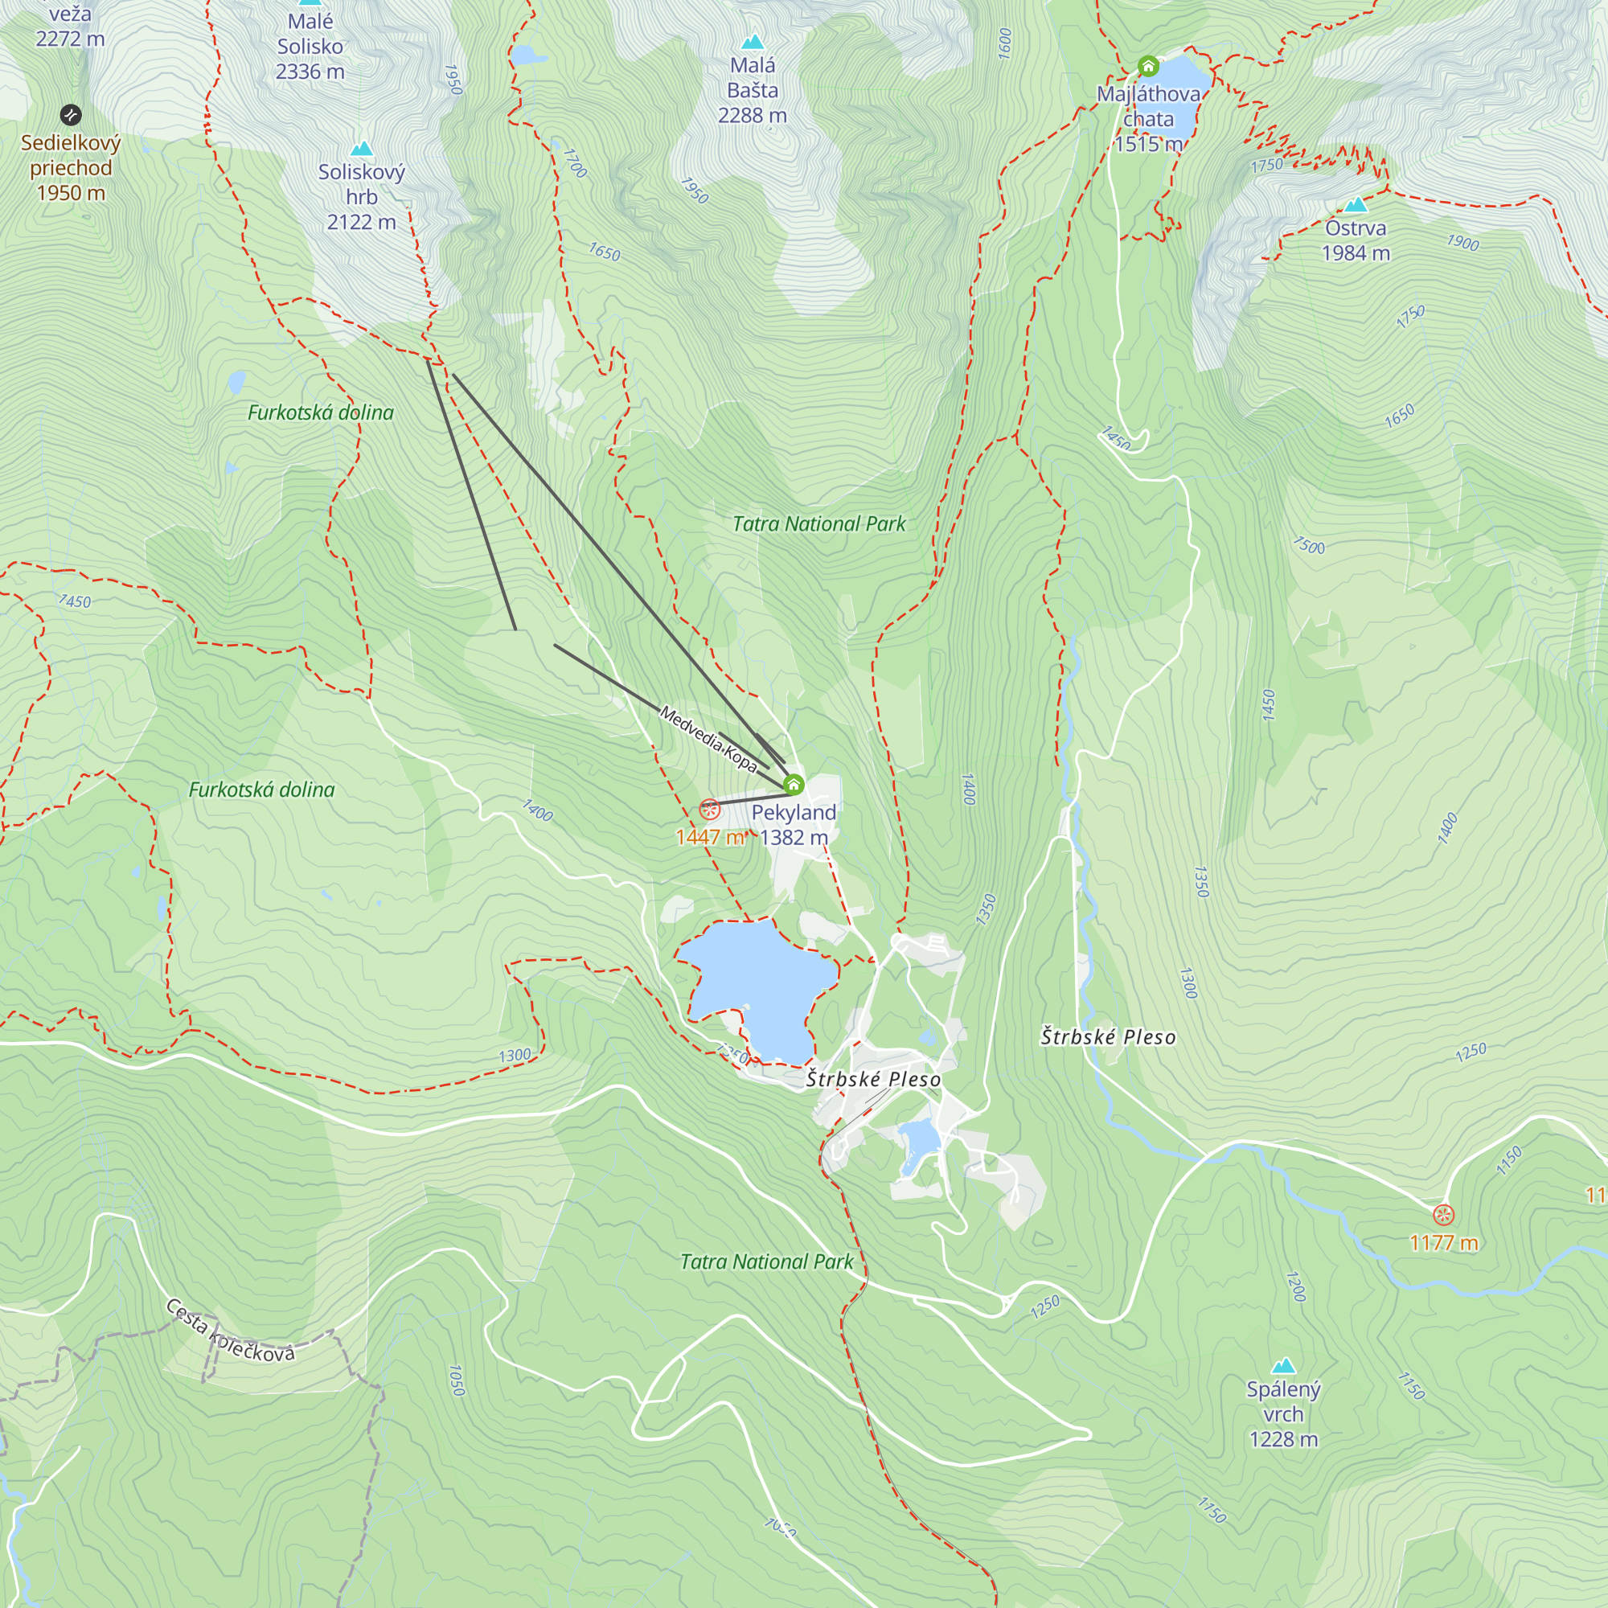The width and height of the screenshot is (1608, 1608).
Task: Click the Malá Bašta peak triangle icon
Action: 753,41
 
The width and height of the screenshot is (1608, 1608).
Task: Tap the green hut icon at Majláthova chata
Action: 1148,66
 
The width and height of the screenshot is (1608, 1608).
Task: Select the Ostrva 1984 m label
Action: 1355,240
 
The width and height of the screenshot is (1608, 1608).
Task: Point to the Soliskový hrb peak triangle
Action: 361,149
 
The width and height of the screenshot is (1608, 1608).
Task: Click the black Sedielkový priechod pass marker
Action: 71,114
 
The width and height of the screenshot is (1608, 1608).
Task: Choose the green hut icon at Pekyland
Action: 794,784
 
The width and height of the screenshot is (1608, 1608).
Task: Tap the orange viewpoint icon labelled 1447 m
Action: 709,808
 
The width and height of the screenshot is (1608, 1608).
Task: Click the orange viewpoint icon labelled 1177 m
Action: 1443,1214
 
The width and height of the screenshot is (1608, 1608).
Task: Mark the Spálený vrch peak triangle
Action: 1283,1366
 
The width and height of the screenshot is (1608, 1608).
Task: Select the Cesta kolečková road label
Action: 230,1331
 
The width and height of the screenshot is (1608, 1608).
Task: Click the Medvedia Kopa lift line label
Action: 708,738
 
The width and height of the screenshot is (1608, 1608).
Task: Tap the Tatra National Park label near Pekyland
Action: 818,523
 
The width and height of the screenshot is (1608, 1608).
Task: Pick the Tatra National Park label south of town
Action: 766,1261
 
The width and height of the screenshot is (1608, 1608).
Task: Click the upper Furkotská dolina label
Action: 321,412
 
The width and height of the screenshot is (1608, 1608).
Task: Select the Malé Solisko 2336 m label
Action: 310,47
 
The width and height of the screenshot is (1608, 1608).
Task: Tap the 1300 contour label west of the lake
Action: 514,1056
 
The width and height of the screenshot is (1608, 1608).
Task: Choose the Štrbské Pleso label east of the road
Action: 1108,1037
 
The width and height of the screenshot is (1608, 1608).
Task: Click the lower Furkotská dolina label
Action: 261,789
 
